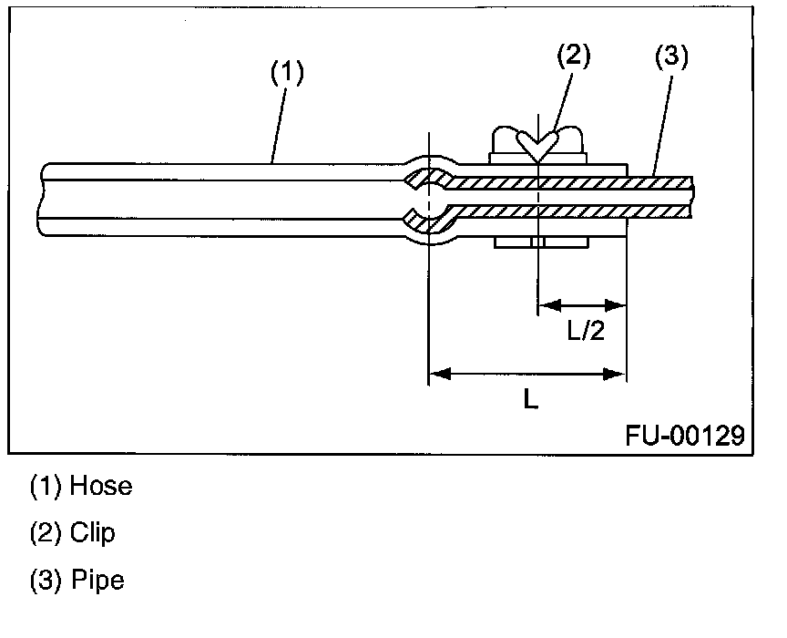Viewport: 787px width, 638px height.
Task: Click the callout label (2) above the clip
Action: (x=573, y=57)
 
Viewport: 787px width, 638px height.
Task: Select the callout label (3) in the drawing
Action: (x=671, y=57)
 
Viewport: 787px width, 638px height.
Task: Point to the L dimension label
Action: (x=530, y=398)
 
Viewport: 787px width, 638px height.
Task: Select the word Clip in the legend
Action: (x=93, y=532)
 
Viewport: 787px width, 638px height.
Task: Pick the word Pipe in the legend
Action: (x=97, y=580)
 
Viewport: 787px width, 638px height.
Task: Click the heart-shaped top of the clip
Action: (x=538, y=144)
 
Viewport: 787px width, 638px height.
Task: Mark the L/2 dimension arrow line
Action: (x=582, y=304)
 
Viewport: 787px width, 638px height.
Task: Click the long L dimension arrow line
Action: (x=527, y=373)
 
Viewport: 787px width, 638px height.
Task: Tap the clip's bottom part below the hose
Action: (x=540, y=243)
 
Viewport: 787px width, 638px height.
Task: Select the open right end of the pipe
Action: (x=691, y=198)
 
